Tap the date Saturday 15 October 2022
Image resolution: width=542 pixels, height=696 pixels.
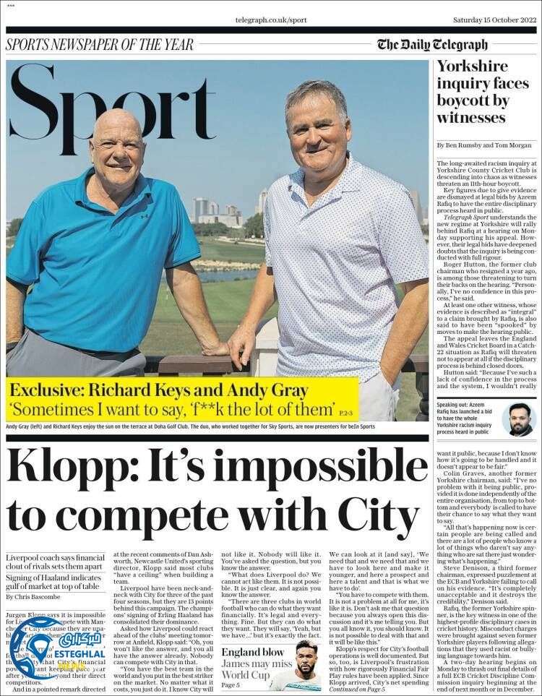494,20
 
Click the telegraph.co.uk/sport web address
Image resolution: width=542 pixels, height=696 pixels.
271,20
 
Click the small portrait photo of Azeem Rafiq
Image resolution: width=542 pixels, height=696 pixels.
519,419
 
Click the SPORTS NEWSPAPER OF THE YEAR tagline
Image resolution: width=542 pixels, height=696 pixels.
100,45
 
